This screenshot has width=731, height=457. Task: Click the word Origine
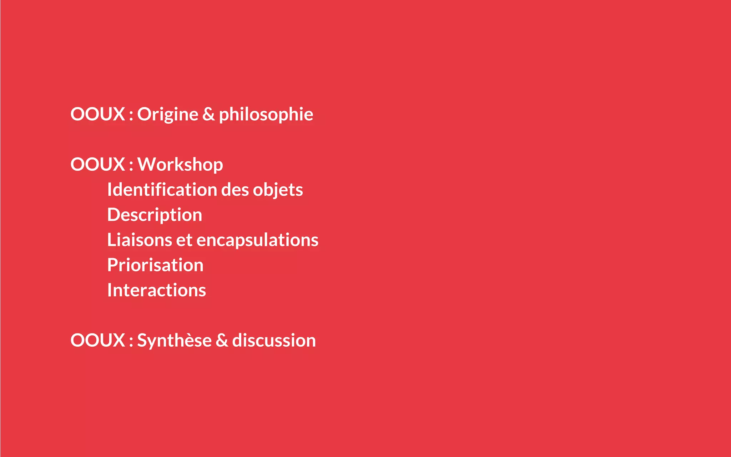pos(167,114)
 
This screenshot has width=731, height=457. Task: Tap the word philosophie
pos(266,114)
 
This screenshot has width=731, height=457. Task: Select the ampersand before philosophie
pos(208,114)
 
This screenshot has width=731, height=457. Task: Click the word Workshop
pos(180,165)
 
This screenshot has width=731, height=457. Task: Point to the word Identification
pos(162,190)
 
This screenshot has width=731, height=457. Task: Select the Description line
pos(155,215)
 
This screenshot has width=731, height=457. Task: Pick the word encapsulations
pos(257,240)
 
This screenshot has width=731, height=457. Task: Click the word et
pos(184,240)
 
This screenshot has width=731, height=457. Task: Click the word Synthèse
pos(174,340)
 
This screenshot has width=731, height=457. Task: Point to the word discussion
pos(274,340)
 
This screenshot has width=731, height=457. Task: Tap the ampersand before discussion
pos(222,340)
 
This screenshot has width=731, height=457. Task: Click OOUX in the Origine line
pos(97,114)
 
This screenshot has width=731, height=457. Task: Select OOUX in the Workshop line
pos(97,165)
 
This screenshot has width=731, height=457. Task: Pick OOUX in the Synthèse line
pos(97,340)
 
